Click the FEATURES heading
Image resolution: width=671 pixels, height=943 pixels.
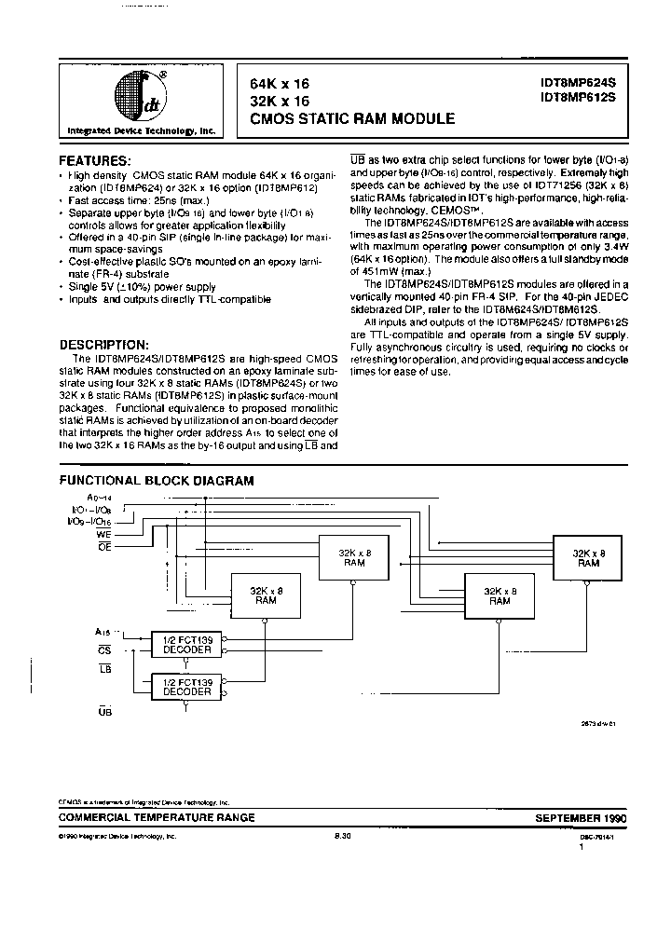click(96, 159)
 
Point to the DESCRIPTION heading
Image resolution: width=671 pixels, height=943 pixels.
click(103, 344)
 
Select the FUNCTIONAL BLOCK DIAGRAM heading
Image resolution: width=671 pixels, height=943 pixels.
click(157, 481)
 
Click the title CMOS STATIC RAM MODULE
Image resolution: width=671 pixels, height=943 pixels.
click(352, 118)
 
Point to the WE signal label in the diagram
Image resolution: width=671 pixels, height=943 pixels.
click(103, 535)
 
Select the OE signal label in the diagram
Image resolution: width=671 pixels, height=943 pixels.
click(103, 546)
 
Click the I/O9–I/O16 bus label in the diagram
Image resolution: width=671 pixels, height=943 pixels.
click(89, 523)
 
